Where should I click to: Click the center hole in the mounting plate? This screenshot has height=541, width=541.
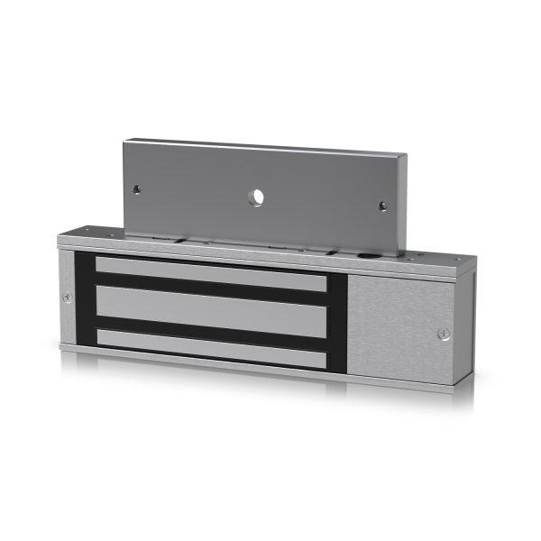[x=257, y=197]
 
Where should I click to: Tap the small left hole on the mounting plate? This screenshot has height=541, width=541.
[x=136, y=189]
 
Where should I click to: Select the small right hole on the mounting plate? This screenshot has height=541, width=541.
[x=382, y=206]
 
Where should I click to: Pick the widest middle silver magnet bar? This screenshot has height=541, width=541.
[x=210, y=304]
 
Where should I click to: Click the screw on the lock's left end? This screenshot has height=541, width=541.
[x=67, y=297]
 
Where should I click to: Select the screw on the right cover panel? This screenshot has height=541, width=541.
[x=443, y=334]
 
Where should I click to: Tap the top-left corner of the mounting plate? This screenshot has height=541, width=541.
[x=126, y=141]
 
